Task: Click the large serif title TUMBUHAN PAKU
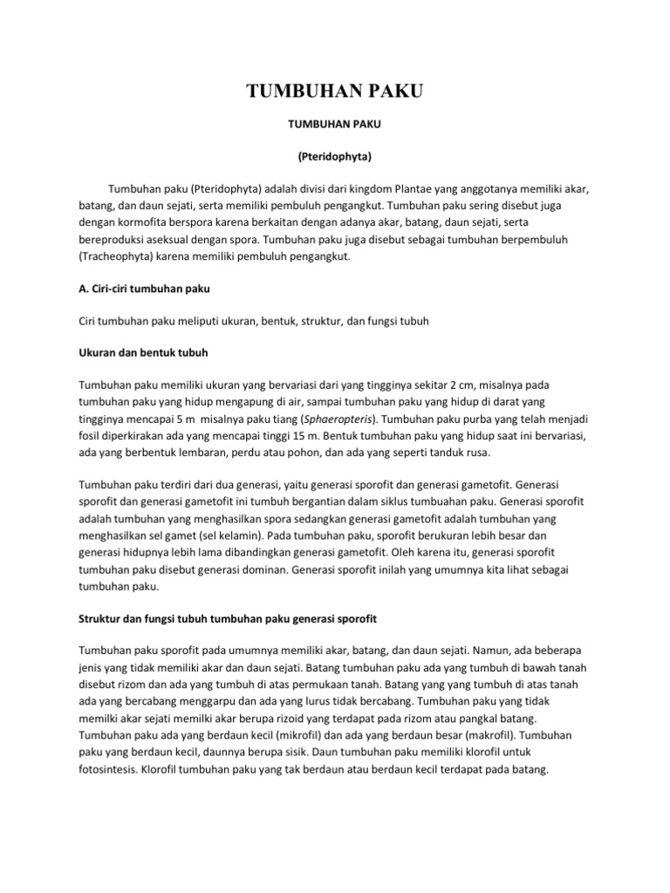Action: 334,92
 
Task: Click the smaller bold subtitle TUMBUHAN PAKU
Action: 334,126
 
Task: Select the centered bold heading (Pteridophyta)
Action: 334,158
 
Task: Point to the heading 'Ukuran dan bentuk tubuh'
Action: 143,352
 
